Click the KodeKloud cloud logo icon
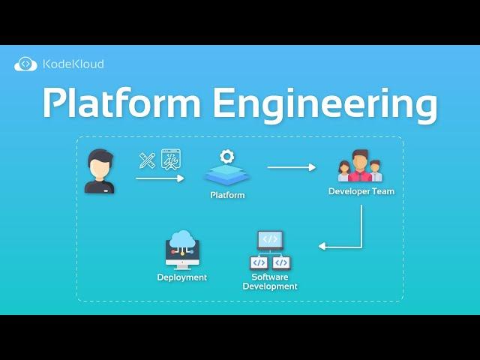[25, 64]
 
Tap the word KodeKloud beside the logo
[73, 64]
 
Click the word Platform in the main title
[119, 103]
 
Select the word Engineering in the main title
[325, 105]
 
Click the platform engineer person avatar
[100, 171]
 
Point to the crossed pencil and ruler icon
[147, 160]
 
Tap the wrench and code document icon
[170, 160]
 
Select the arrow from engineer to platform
[160, 178]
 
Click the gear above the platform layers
[226, 157]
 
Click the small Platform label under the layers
[226, 195]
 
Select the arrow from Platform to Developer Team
[292, 167]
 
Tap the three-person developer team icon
[360, 166]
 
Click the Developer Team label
[361, 191]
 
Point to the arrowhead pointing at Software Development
[322, 246]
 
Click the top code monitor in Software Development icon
[270, 240]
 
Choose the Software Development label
[270, 281]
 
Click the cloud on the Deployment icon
[182, 239]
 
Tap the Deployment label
[182, 277]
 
